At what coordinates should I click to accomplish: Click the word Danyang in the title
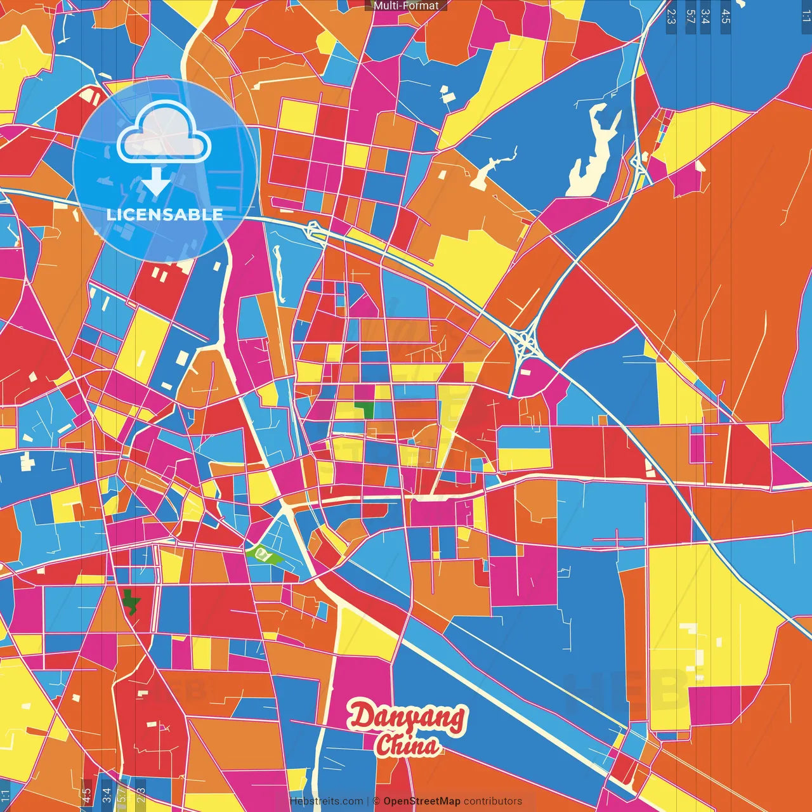[x=407, y=717]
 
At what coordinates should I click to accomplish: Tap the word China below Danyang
[x=407, y=746]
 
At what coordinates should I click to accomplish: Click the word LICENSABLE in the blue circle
[x=164, y=214]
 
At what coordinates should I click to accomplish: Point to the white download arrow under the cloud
[x=155, y=181]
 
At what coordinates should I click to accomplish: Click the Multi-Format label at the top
[x=406, y=6]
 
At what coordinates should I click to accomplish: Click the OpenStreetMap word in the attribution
[x=421, y=801]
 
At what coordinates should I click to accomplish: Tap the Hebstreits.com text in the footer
[x=326, y=801]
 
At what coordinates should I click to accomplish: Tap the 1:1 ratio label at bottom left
[x=5, y=796]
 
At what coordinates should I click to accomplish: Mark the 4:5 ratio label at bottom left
[x=86, y=796]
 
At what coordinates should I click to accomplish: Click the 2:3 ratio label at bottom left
[x=141, y=796]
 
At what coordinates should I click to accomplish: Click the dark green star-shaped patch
[x=131, y=601]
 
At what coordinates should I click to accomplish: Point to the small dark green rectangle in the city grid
[x=364, y=409]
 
